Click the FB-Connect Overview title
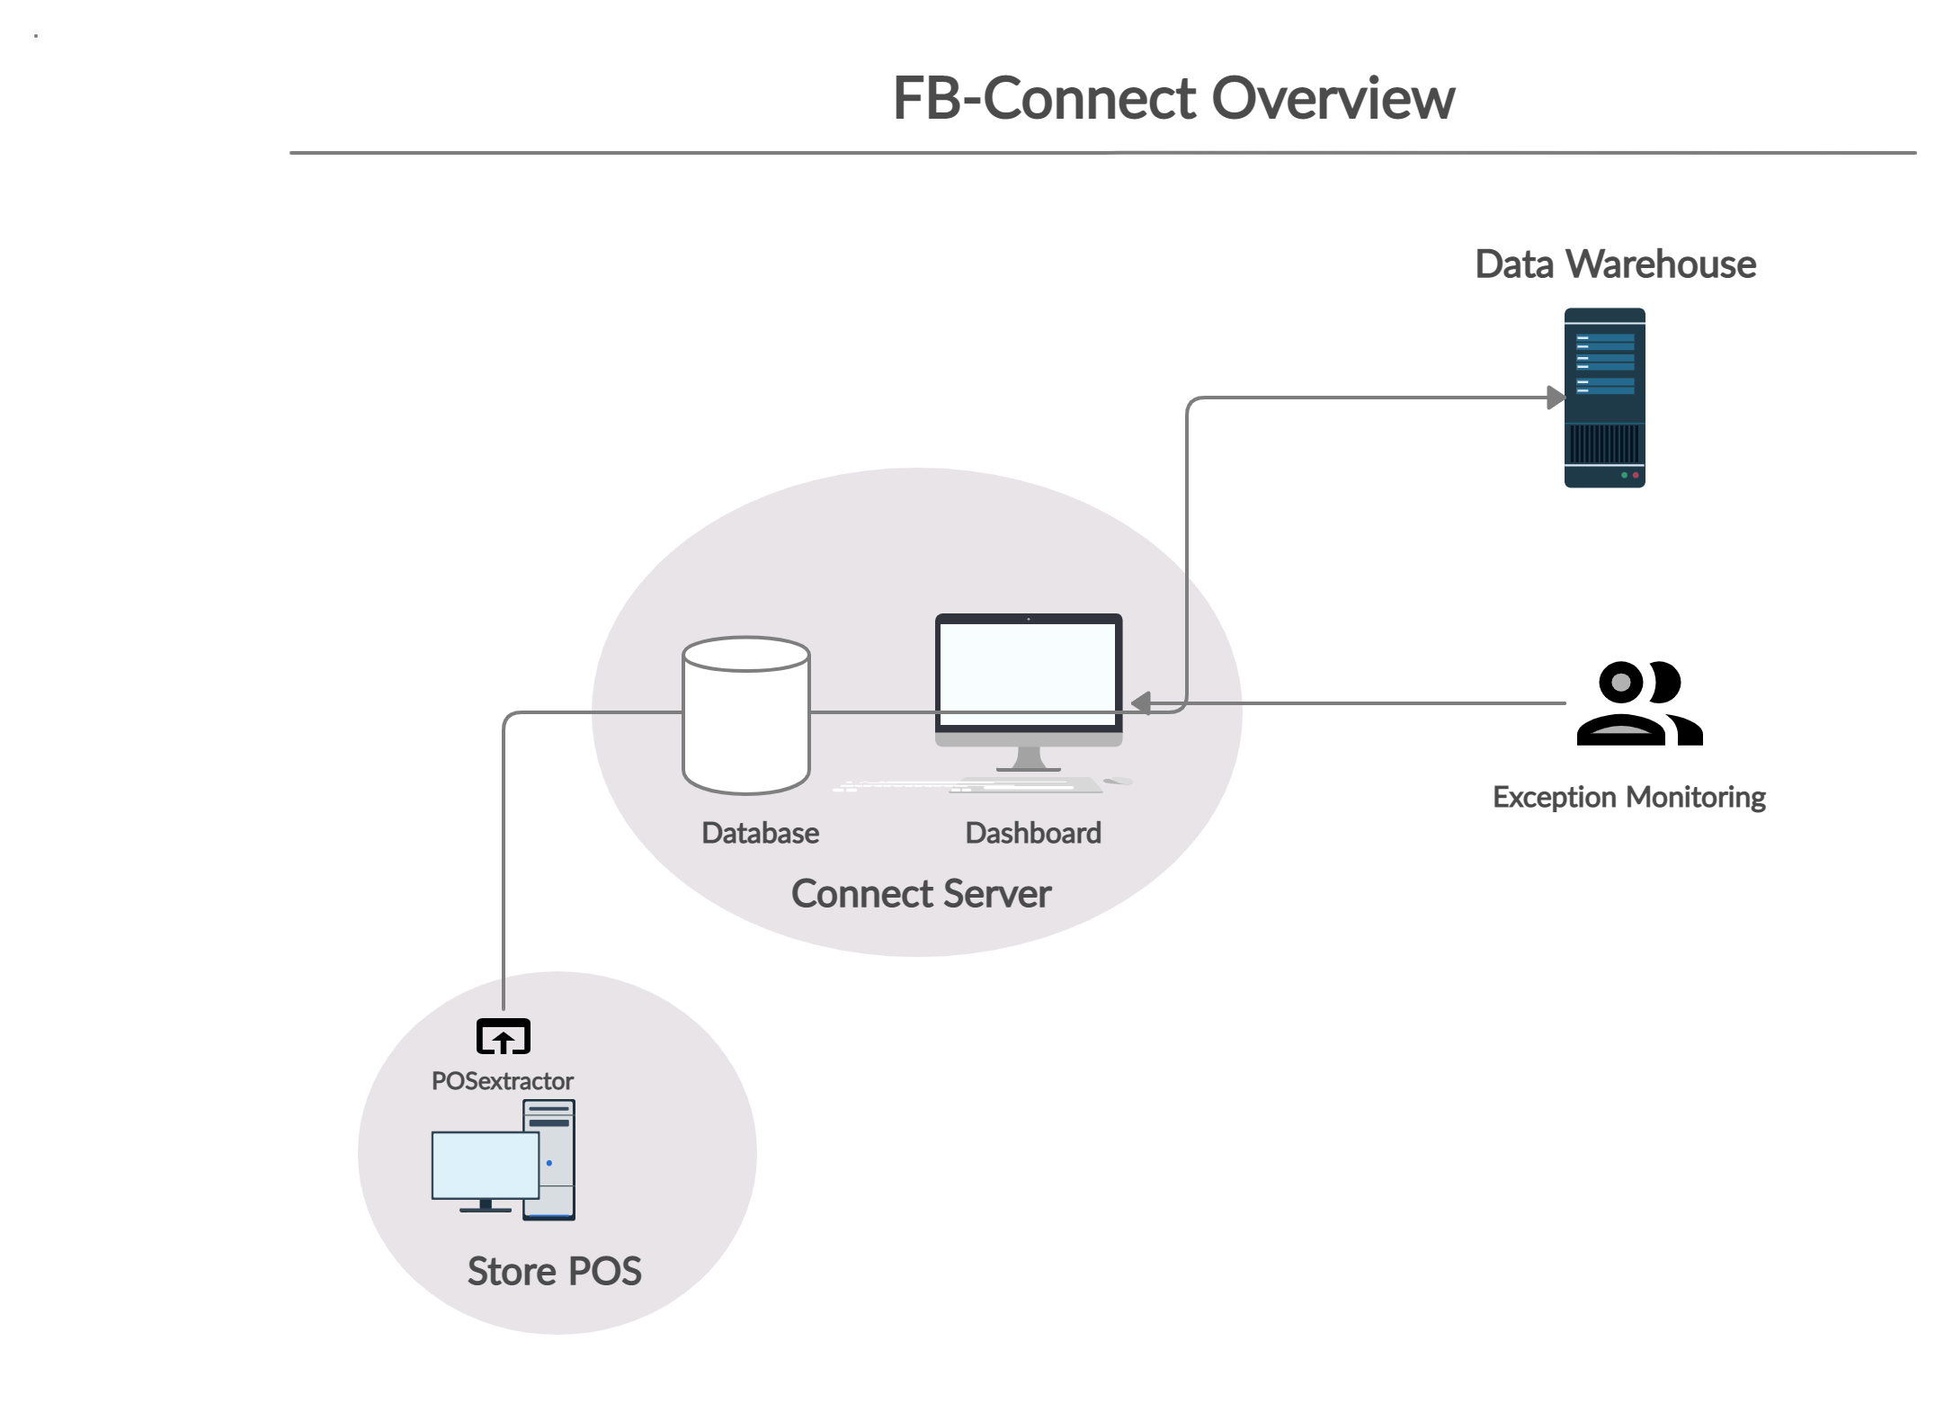coord(1173,99)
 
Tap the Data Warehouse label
coord(1615,264)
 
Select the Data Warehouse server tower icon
coord(1605,398)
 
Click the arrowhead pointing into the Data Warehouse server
coord(1555,398)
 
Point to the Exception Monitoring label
coord(1628,798)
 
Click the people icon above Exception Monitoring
coord(1639,702)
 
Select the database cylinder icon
coord(745,715)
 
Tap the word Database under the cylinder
coord(760,834)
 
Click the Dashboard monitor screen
coord(1029,671)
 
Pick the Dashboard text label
coord(1032,834)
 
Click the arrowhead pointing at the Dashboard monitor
coord(1141,703)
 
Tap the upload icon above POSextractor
coord(503,1038)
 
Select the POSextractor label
coord(502,1081)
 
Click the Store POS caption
coord(554,1272)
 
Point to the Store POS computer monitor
coord(485,1166)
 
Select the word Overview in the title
coord(1333,99)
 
